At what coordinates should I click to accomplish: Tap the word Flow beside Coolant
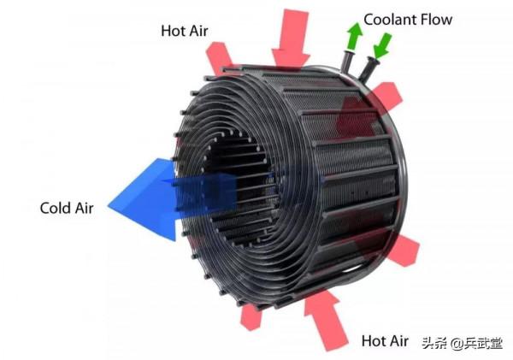(x=436, y=20)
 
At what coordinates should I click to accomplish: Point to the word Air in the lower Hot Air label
(x=398, y=340)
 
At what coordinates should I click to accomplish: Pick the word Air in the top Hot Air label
(x=198, y=31)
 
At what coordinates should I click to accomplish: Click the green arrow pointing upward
(x=354, y=36)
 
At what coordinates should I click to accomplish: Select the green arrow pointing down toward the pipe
(x=383, y=46)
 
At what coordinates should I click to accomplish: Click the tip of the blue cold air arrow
(x=108, y=206)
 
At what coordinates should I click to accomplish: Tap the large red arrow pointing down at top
(x=291, y=39)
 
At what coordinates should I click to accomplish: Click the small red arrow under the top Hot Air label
(x=219, y=57)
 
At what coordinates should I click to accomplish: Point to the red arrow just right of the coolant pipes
(x=386, y=96)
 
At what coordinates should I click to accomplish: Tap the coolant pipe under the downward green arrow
(x=368, y=68)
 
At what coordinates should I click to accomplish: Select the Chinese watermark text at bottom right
(x=462, y=343)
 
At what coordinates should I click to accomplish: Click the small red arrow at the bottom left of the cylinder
(x=251, y=316)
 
